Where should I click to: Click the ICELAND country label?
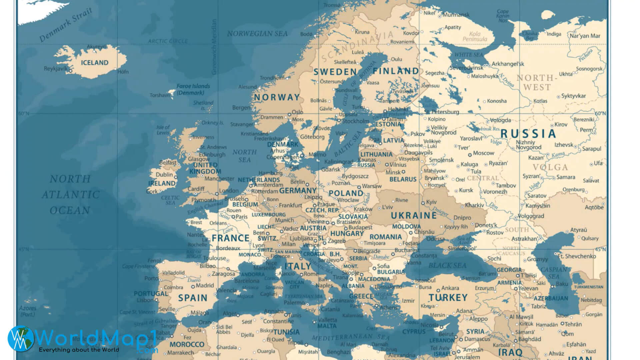pyautogui.click(x=95, y=63)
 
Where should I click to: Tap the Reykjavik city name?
pyautogui.click(x=55, y=69)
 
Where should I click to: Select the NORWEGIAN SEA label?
pyautogui.click(x=257, y=34)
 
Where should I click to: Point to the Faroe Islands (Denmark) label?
pyautogui.click(x=193, y=89)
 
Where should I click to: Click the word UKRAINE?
pyautogui.click(x=414, y=216)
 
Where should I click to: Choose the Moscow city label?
pyautogui.click(x=483, y=153)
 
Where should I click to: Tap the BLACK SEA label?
pyautogui.click(x=447, y=266)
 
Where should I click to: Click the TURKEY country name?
pyautogui.click(x=448, y=298)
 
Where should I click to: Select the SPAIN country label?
pyautogui.click(x=193, y=298)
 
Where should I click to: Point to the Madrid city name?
pyautogui.click(x=205, y=286)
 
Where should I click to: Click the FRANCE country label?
pyautogui.click(x=231, y=238)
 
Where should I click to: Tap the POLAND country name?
pyautogui.click(x=346, y=193)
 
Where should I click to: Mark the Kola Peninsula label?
pyautogui.click(x=475, y=36)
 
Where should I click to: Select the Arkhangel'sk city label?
pyautogui.click(x=508, y=64)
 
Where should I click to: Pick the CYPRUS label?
pyautogui.click(x=414, y=332)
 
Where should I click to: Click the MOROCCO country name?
pyautogui.click(x=187, y=345)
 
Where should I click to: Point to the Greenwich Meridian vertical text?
pyautogui.click(x=214, y=47)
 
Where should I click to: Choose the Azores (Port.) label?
pyautogui.click(x=28, y=311)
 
